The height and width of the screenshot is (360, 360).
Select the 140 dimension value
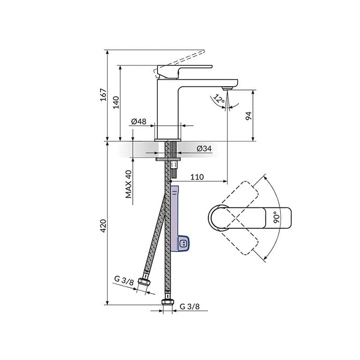tap(116, 103)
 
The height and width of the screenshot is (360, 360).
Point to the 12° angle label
tap(220, 99)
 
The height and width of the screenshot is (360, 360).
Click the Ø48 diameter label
tap(139, 121)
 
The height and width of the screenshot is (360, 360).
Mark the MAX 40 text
tap(129, 184)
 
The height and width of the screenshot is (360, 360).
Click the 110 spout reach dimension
tap(197, 177)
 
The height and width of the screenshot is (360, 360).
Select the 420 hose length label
tap(103, 225)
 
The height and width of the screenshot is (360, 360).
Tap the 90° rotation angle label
tap(276, 218)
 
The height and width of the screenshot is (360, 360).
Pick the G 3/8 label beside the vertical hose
tap(189, 307)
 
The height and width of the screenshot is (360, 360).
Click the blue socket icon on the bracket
tap(183, 244)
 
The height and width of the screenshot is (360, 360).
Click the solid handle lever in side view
tap(184, 69)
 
